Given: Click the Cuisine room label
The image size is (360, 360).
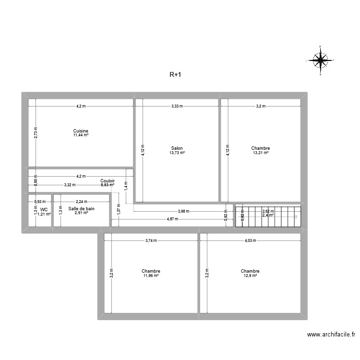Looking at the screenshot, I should pyautogui.click(x=81, y=131).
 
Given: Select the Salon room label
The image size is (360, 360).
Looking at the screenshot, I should pyautogui.click(x=177, y=148).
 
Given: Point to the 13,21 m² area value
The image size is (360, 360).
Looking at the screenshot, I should pyautogui.click(x=260, y=153).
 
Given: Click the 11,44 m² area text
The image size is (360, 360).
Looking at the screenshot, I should pyautogui.click(x=81, y=135).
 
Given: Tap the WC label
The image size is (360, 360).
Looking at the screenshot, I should pyautogui.click(x=44, y=210).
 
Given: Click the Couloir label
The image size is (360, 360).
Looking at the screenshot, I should pyautogui.click(x=108, y=180).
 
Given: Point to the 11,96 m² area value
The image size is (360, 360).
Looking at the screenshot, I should pyautogui.click(x=151, y=276).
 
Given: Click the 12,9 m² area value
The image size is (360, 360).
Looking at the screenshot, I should pyautogui.click(x=250, y=276).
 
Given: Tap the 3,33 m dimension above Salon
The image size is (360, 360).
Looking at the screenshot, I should pyautogui.click(x=177, y=106).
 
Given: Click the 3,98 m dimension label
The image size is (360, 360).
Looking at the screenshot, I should pyautogui.click(x=183, y=211).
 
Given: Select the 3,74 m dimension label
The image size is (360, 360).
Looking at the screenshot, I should pyautogui.click(x=151, y=241).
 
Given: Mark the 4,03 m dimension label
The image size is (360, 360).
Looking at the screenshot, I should pyautogui.click(x=250, y=241).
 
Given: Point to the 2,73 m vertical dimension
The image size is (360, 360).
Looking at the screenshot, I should pyautogui.click(x=35, y=132).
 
